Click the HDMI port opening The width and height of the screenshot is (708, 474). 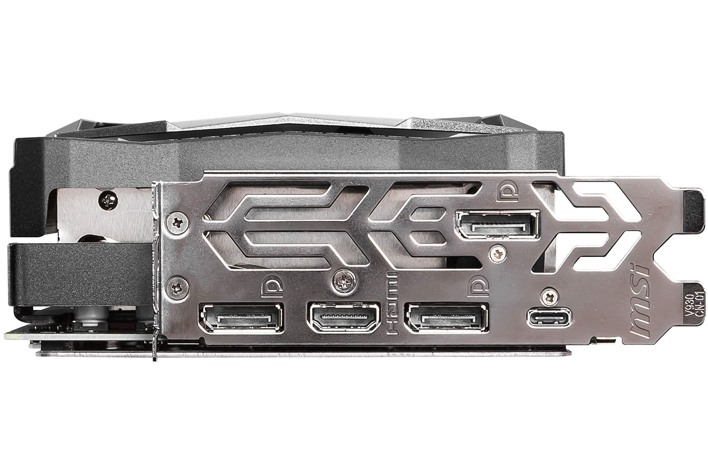(x=344, y=317)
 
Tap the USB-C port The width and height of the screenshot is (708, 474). (x=549, y=317)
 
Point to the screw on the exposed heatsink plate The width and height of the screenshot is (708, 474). (x=108, y=200)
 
